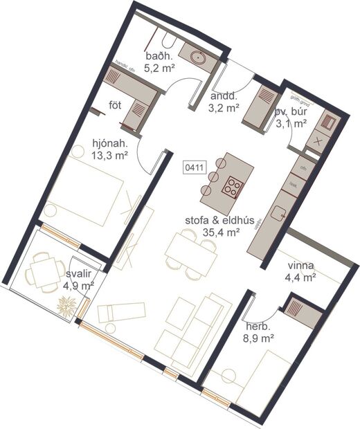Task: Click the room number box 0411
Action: click(x=194, y=167)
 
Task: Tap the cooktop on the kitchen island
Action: click(x=232, y=185)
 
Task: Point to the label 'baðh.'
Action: click(x=158, y=56)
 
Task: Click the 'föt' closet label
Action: click(x=116, y=105)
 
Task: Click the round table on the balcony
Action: click(x=43, y=271)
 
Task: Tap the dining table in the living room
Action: click(x=188, y=251)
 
